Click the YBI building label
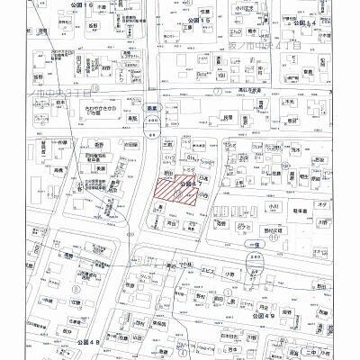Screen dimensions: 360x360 pyautogui.click(x=221, y=76)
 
